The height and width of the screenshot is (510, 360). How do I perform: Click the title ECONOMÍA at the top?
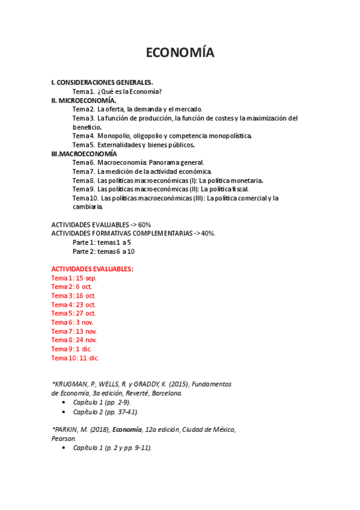point(180,53)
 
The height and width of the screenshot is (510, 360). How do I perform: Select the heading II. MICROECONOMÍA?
point(84,100)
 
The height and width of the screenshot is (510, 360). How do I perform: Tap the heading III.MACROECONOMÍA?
point(84,154)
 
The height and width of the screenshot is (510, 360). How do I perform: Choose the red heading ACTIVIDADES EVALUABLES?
point(93,269)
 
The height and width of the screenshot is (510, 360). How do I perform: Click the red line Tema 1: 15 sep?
point(74,278)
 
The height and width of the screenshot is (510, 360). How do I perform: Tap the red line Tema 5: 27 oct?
point(73,313)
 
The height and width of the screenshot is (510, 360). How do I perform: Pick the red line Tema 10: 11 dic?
point(75,358)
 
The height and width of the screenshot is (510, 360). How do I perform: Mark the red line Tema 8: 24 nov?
point(74,340)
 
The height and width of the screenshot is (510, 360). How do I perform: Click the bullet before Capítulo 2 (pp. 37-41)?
point(64,413)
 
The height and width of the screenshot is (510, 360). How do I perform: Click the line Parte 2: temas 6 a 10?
point(103,251)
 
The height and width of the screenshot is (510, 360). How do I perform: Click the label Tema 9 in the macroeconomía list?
point(83,189)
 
